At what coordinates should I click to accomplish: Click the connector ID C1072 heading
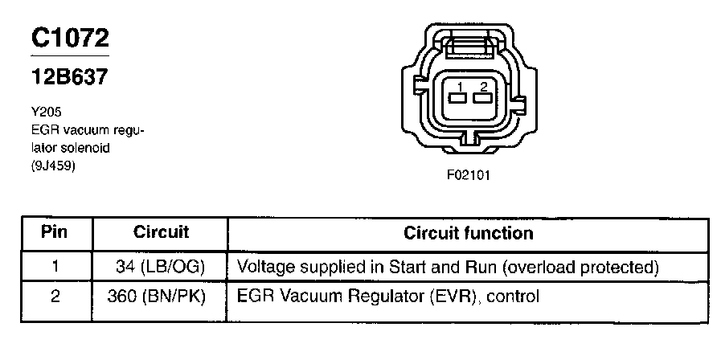point(70,38)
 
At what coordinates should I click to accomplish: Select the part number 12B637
point(69,78)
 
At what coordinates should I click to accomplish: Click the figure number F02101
point(469,174)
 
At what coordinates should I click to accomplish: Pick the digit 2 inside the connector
point(482,87)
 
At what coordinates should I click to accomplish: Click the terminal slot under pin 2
point(482,99)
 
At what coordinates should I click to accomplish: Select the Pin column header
point(55,233)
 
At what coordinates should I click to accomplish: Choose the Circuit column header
point(161,233)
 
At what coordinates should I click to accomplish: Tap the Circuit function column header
point(468,233)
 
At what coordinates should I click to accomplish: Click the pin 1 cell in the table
point(55,266)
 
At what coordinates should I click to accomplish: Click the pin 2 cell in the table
point(55,297)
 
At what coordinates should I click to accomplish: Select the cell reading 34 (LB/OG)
point(161,266)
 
